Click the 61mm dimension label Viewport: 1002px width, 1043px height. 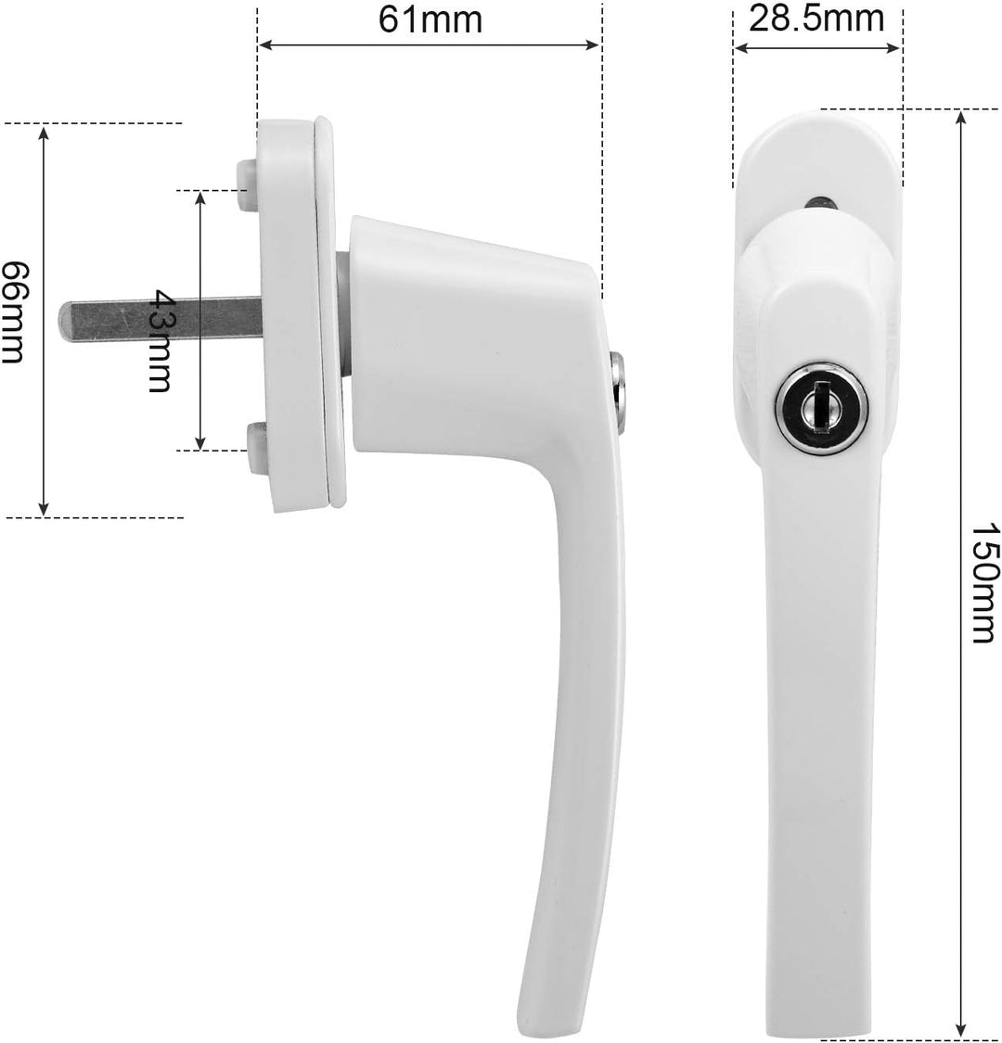pos(430,19)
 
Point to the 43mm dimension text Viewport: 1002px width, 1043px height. pos(161,340)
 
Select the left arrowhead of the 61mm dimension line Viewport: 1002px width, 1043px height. pos(263,44)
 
